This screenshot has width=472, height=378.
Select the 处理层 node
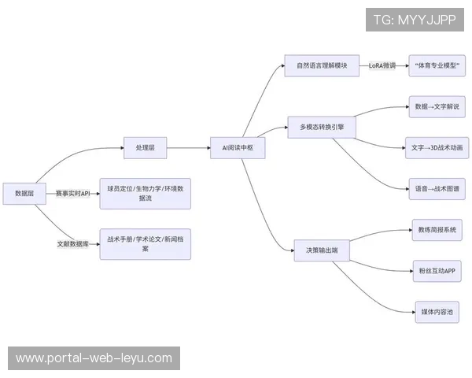coord(146,147)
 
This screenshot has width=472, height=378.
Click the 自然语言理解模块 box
coord(321,65)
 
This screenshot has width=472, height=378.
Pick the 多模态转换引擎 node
coord(321,126)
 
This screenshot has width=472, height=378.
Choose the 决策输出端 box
coord(322,250)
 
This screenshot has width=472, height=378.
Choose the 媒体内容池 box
coord(437,312)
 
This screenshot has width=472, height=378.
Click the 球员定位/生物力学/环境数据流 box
coord(145,194)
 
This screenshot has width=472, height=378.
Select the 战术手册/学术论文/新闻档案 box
coord(145,244)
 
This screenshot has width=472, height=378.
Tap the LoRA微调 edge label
coord(382,66)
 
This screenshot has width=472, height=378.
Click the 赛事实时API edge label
coord(73,193)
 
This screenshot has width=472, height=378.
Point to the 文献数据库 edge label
coord(73,244)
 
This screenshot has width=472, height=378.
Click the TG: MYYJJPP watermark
coord(415,19)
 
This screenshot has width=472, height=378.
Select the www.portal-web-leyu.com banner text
coord(94,358)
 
